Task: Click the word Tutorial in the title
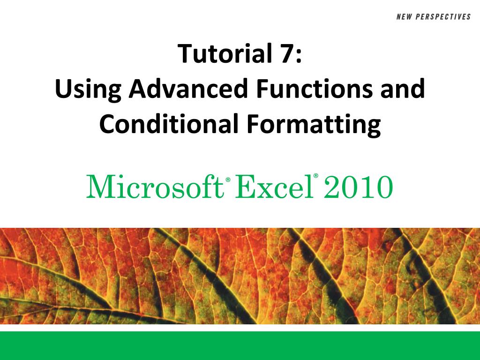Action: tap(220, 54)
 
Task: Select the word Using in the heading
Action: tap(87, 90)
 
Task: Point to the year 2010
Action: tap(359, 186)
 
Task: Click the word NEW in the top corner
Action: tap(405, 17)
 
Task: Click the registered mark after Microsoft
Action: tap(228, 180)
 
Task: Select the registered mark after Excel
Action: tap(316, 177)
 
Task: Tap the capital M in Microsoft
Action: tap(99, 186)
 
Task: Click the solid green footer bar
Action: tap(240, 345)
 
